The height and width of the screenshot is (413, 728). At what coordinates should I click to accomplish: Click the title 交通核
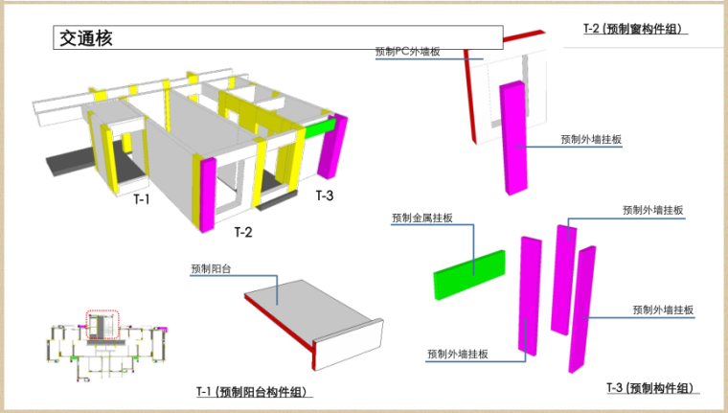(85, 39)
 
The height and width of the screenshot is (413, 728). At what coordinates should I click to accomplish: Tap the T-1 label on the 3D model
(142, 199)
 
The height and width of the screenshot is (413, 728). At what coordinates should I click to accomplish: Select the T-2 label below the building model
(244, 232)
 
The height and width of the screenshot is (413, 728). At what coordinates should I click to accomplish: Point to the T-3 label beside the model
(325, 195)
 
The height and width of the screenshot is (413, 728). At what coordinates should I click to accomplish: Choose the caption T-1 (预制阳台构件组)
(256, 392)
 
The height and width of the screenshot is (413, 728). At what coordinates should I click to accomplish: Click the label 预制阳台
(211, 269)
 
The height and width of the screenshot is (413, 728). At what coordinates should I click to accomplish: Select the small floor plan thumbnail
(105, 341)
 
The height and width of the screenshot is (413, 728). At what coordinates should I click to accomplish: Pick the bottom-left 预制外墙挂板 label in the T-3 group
(458, 355)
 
